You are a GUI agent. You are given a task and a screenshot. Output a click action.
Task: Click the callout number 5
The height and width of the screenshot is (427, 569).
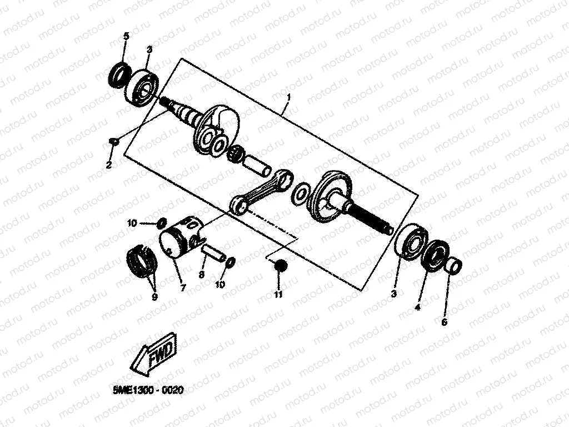126,36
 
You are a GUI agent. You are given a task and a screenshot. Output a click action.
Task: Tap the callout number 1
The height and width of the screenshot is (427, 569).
288,97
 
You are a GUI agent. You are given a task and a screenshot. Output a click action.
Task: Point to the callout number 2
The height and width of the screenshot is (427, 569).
109,165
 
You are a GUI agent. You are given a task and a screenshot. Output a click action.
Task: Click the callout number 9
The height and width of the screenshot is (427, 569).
154,297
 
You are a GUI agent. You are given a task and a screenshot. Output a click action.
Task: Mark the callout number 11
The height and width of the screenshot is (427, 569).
278,294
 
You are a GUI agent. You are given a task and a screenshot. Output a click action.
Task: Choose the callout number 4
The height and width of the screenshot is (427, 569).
418,306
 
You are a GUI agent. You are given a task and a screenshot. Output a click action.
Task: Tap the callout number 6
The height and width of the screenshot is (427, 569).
444,322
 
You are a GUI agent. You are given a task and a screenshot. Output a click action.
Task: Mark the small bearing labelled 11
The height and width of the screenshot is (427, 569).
280,266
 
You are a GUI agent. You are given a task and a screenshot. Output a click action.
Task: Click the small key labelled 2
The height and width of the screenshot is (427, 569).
113,141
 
